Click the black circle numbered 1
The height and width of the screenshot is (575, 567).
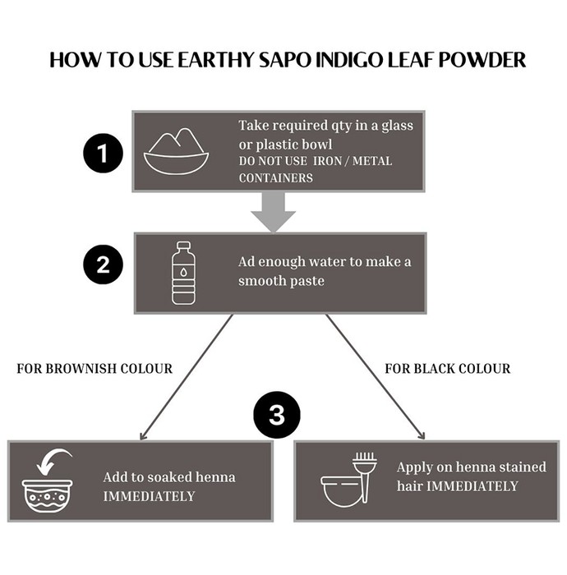(103, 153)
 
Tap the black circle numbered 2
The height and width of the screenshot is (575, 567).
(103, 264)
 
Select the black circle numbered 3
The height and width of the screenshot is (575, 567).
(277, 415)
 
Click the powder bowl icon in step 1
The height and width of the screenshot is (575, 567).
(177, 151)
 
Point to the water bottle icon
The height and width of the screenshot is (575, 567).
(183, 273)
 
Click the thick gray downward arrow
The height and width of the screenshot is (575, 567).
(274, 212)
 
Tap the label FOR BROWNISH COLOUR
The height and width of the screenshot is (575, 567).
(94, 369)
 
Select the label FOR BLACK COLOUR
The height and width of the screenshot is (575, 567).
(448, 369)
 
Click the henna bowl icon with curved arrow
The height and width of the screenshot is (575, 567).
(48, 481)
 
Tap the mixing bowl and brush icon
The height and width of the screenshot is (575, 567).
(348, 479)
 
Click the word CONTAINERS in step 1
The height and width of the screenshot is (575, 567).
(276, 178)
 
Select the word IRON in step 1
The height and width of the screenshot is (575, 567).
(328, 161)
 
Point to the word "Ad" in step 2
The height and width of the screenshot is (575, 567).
(247, 262)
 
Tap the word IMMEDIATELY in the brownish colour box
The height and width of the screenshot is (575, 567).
(149, 496)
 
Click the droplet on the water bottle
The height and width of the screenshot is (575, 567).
(183, 273)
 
